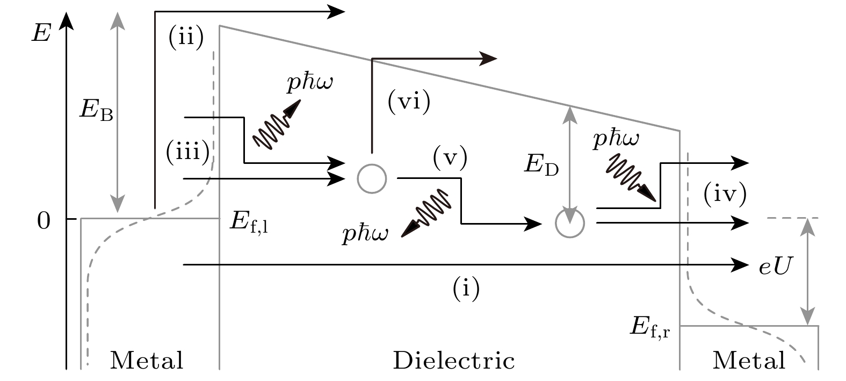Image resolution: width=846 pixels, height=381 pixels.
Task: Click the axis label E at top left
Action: pos(41,33)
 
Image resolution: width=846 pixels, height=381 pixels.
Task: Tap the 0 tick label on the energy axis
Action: pos(44,220)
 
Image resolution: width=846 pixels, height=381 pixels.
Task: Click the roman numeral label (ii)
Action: pos(186,39)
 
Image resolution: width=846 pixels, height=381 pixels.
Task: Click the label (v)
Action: pos(450,159)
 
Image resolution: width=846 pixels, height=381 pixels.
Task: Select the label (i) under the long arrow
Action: pos(466,289)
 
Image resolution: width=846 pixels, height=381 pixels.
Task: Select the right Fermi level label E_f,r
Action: pos(649,326)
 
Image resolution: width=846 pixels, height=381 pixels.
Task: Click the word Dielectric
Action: pos(454,361)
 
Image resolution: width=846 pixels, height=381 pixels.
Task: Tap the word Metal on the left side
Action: pos(147,361)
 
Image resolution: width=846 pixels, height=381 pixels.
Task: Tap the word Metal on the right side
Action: pos(749,361)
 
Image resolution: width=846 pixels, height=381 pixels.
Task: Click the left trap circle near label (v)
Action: pos(372,178)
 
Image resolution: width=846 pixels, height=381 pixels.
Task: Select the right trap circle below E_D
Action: pos(570,222)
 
